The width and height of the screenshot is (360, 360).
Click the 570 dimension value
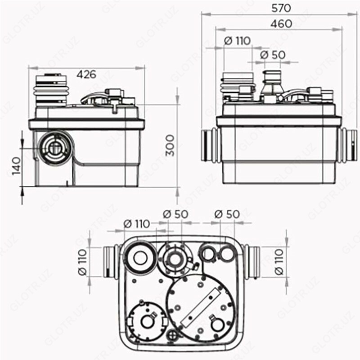[x=281, y=8]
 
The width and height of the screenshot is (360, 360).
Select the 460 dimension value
[x=281, y=24]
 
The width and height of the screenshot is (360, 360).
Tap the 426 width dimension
[x=86, y=74]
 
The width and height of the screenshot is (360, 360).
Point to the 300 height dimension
[x=171, y=145]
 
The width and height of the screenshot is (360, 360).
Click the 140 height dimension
[x=17, y=166]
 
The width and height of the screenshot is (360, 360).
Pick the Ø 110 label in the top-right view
[x=237, y=41]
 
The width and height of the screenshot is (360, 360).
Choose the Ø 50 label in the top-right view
[x=273, y=54]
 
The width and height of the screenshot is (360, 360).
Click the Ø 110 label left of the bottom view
[x=83, y=262]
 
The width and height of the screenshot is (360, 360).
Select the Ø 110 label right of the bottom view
[x=279, y=262]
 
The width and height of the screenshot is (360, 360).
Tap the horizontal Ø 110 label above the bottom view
[x=136, y=224]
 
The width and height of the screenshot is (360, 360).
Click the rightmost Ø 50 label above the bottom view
[x=227, y=214]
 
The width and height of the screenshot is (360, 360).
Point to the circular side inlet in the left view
[x=54, y=148]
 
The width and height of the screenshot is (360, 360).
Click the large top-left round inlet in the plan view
[x=140, y=257]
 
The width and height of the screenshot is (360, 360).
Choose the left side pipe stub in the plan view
[x=111, y=262]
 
